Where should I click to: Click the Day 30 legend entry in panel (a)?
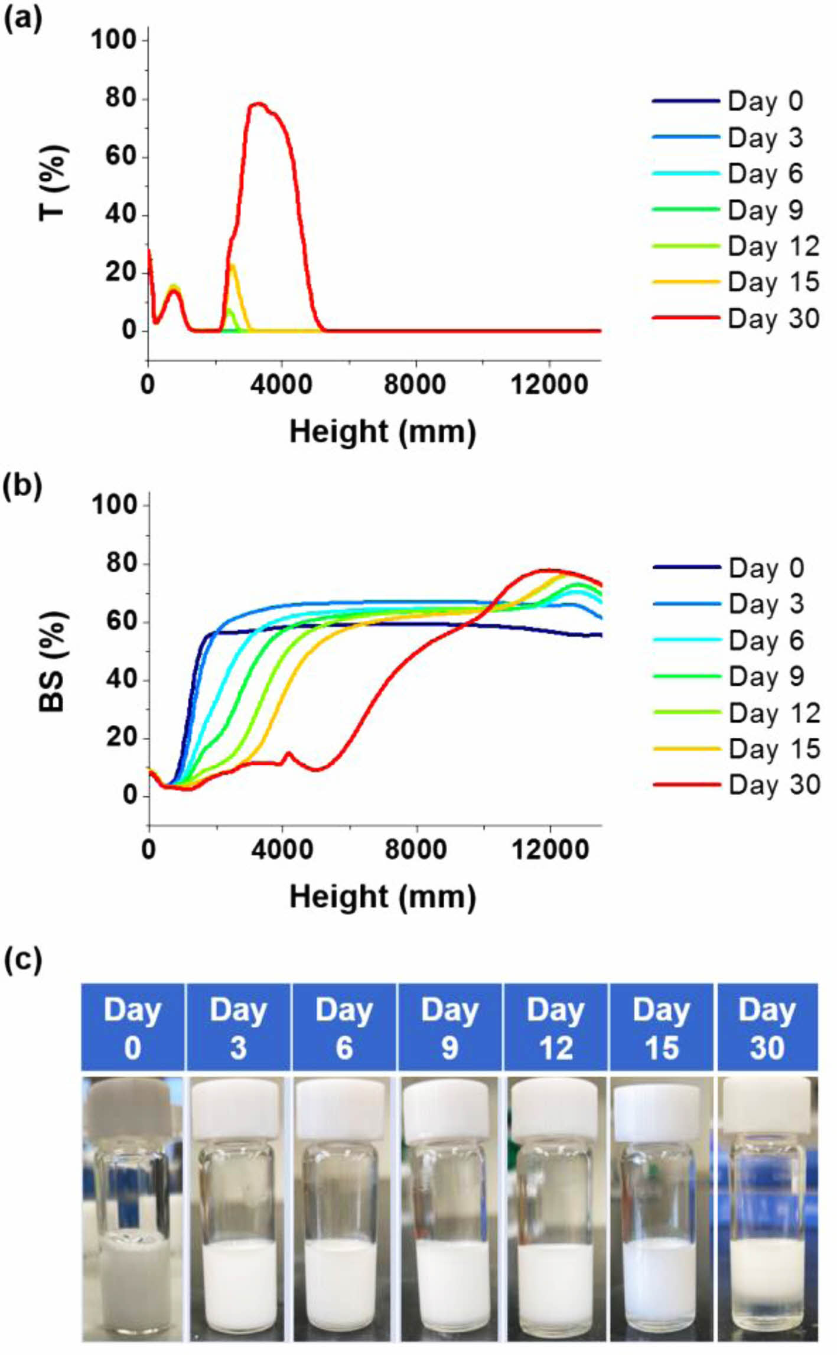tap(735, 319)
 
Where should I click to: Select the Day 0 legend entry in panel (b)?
tap(736, 568)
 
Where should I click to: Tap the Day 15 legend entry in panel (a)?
tap(735, 282)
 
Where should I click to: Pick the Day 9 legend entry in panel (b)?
tap(736, 676)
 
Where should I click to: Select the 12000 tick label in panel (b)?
tap(550, 851)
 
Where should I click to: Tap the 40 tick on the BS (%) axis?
tap(120, 680)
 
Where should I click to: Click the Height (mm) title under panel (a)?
tap(382, 432)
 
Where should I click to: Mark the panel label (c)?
tap(23, 961)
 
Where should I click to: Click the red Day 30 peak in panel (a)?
tap(258, 105)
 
